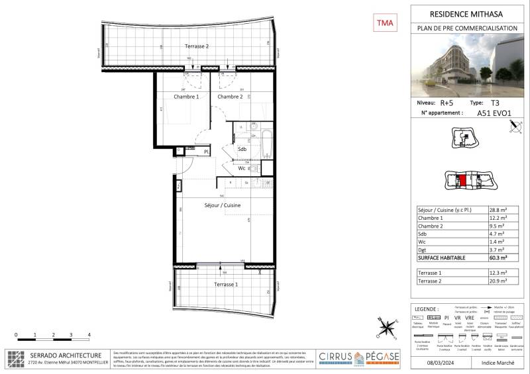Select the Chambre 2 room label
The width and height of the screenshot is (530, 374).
[229, 97]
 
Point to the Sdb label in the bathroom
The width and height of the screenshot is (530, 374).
[242, 150]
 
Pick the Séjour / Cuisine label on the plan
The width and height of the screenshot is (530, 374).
[222, 206]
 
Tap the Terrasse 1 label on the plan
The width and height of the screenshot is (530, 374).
[227, 283]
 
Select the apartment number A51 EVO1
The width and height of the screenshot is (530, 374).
[494, 113]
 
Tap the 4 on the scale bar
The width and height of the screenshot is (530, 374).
[89, 336]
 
